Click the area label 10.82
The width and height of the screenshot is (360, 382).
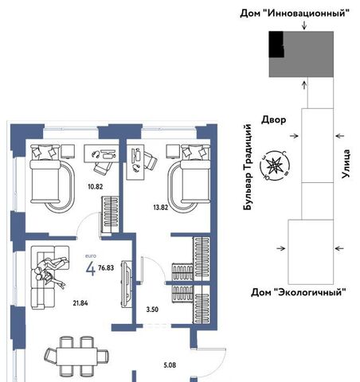tap(96, 187)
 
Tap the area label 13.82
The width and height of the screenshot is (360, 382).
tap(161, 208)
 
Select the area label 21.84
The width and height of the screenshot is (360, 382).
tap(80, 303)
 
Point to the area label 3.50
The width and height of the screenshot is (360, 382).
tap(152, 310)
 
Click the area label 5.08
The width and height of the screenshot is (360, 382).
tap(170, 365)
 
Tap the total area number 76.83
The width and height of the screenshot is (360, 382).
tap(106, 268)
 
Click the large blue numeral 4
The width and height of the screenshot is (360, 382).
tap(91, 269)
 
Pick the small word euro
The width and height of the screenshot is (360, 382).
tap(91, 256)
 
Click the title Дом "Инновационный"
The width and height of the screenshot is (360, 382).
tap(295, 13)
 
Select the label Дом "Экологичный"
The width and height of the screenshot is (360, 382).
tap(299, 292)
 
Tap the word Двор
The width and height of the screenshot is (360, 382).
tap(274, 120)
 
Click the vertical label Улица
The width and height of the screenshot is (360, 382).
tap(346, 164)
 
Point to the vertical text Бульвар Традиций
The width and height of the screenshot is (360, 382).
tap(247, 167)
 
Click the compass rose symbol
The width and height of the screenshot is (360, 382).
tap(275, 166)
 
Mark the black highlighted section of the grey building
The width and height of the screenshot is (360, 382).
tap(276, 45)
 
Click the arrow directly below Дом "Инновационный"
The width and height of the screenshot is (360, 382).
tap(304, 25)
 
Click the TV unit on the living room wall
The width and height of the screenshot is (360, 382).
tap(127, 284)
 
